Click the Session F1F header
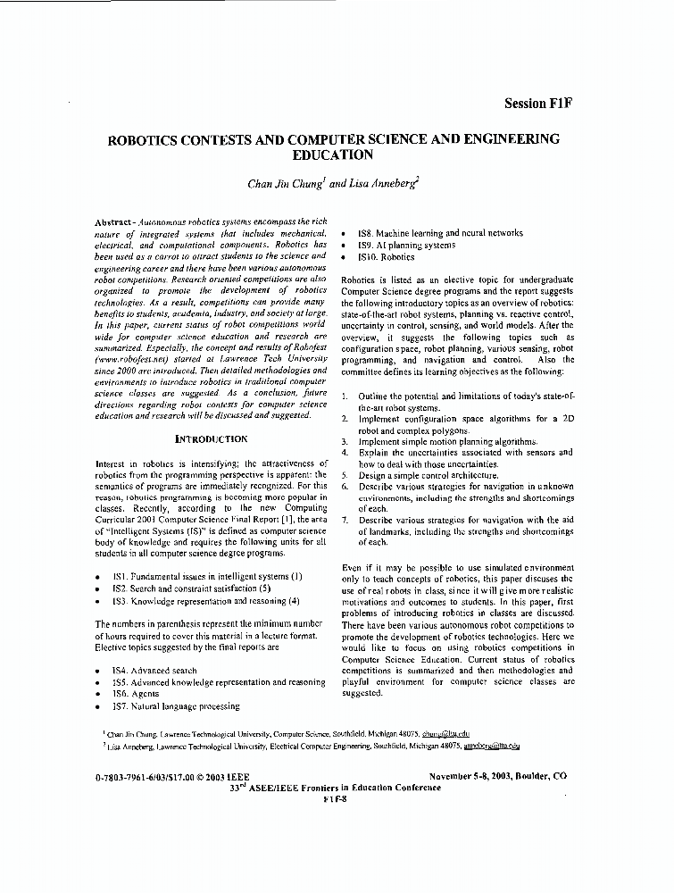pos(537,103)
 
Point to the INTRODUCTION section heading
pos(211,439)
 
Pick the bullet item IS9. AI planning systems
pos(406,245)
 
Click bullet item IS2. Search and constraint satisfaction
pos(185,589)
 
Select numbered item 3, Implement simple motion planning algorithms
pos(448,441)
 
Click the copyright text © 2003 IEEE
pos(223,778)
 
